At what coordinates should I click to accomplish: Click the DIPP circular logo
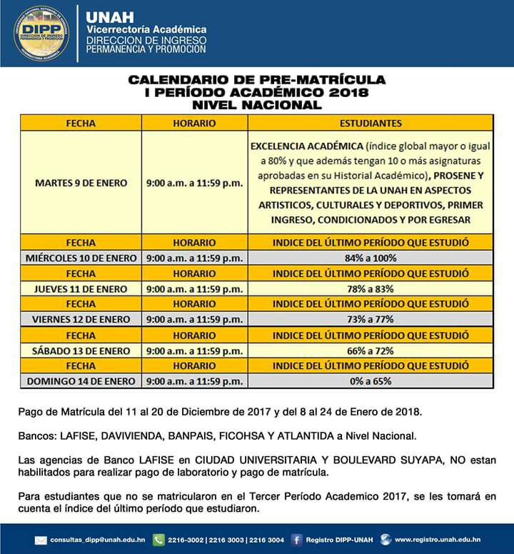pyautogui.click(x=41, y=34)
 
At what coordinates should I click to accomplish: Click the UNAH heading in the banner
pyautogui.click(x=104, y=16)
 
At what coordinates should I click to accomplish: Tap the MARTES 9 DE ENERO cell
pyautogui.click(x=81, y=183)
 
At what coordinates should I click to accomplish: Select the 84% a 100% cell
pyautogui.click(x=370, y=258)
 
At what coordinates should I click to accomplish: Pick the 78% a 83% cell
pyautogui.click(x=370, y=289)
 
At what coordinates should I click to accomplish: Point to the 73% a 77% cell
pyautogui.click(x=370, y=320)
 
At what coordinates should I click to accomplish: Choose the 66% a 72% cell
pyautogui.click(x=370, y=351)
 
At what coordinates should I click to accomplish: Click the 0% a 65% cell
pyautogui.click(x=370, y=381)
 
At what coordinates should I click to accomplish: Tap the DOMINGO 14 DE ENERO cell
pyautogui.click(x=81, y=381)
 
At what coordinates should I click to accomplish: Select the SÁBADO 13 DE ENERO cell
pyautogui.click(x=81, y=351)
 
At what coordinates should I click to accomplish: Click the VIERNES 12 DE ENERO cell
pyautogui.click(x=81, y=320)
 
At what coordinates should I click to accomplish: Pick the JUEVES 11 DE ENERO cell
pyautogui.click(x=81, y=289)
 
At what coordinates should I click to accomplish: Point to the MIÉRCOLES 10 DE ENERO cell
pyautogui.click(x=81, y=258)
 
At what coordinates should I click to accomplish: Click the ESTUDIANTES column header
pyautogui.click(x=370, y=123)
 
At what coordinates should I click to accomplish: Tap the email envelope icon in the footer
pyautogui.click(x=41, y=540)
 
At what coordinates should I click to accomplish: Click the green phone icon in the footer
pyautogui.click(x=158, y=540)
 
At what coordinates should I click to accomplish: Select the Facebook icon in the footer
pyautogui.click(x=296, y=540)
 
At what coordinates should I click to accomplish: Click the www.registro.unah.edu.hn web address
pyautogui.click(x=437, y=540)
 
